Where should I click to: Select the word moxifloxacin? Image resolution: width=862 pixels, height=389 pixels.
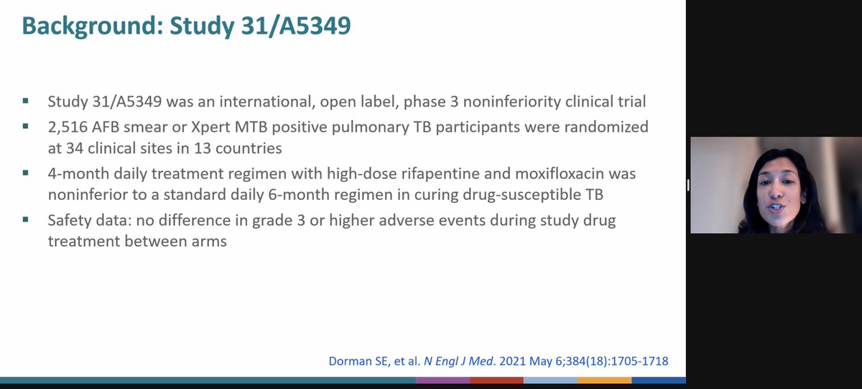pos(567,174)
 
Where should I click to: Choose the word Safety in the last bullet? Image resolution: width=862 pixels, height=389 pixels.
pos(69,219)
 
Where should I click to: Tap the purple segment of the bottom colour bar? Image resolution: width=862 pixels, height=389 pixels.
pos(442,380)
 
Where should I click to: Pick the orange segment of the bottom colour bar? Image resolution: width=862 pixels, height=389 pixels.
pos(604,380)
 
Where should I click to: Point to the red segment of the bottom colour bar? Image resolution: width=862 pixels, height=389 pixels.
pos(496,380)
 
